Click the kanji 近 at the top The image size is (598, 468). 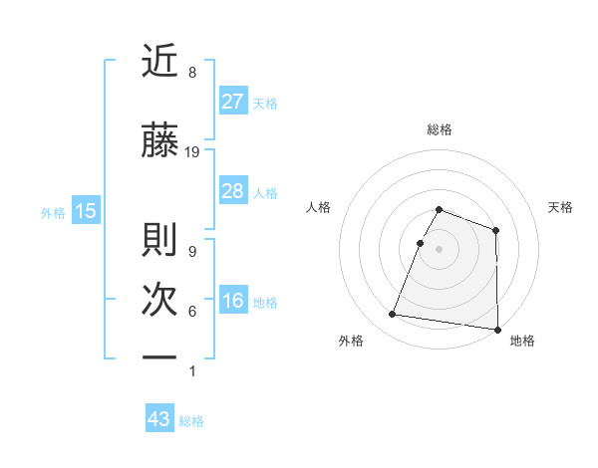160,62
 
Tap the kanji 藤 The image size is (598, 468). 160,142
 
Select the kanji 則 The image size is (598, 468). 160,240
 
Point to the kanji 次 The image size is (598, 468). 160,299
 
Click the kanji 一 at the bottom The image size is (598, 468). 160,356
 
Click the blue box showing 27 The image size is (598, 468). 232,102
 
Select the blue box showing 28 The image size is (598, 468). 232,191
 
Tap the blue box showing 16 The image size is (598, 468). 232,301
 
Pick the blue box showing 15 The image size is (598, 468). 85,211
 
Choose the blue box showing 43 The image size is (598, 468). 159,419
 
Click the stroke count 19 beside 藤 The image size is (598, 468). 192,152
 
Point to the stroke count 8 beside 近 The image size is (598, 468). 192,73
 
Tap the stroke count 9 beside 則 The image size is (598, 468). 192,251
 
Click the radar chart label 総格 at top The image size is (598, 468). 439,129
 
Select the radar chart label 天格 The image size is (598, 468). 561,207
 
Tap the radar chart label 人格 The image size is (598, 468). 318,207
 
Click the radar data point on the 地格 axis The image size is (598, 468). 497,329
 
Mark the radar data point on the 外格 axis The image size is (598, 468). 393,315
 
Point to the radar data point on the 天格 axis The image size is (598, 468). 495,231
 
